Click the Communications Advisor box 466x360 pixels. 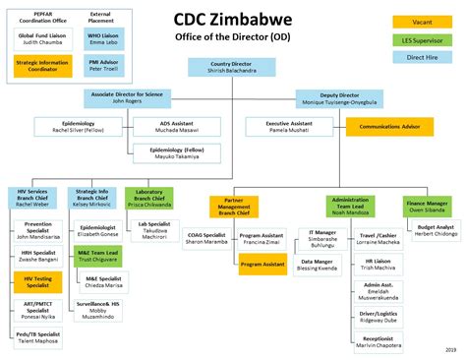point(388,126)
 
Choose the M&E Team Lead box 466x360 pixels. point(101,255)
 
